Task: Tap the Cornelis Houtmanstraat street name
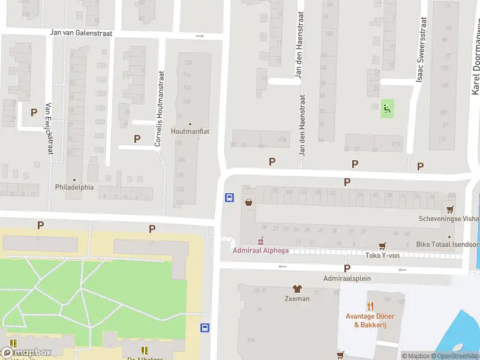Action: click(x=160, y=109)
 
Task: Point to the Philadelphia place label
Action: click(x=75, y=187)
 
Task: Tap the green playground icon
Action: click(x=388, y=109)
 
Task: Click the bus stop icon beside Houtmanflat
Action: click(x=229, y=197)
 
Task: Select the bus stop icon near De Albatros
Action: click(x=205, y=328)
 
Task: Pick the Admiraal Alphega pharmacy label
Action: click(x=261, y=250)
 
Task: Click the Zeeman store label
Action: click(x=297, y=299)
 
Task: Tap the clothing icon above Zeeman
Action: click(x=296, y=289)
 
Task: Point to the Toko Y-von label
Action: click(x=382, y=255)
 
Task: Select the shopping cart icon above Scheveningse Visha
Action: click(x=450, y=209)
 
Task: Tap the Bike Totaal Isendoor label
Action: click(x=448, y=245)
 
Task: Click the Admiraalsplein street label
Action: click(x=347, y=278)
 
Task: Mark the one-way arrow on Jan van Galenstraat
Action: click(x=200, y=36)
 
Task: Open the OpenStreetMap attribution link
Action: click(x=455, y=356)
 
